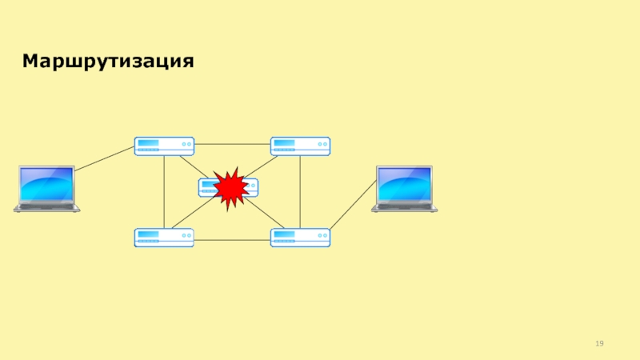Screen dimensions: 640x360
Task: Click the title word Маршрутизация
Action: point(108,62)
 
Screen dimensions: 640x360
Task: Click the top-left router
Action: point(164,146)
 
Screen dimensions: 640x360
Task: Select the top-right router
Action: point(300,146)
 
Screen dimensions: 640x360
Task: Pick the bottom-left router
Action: point(164,238)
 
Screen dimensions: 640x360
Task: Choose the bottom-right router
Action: point(300,238)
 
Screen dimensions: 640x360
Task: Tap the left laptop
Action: point(46,189)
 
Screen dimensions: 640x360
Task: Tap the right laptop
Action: point(404,189)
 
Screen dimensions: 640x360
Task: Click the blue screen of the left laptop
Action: point(46,184)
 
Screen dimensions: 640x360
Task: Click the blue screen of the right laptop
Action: point(404,184)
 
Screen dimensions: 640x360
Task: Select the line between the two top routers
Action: point(232,144)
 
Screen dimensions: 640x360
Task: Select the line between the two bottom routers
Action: point(232,240)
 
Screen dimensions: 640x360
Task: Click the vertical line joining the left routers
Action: point(164,192)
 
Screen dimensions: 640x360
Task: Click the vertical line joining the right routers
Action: point(300,192)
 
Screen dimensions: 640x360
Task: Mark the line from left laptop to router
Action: point(104,158)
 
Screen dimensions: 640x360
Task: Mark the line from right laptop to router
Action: point(352,206)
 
